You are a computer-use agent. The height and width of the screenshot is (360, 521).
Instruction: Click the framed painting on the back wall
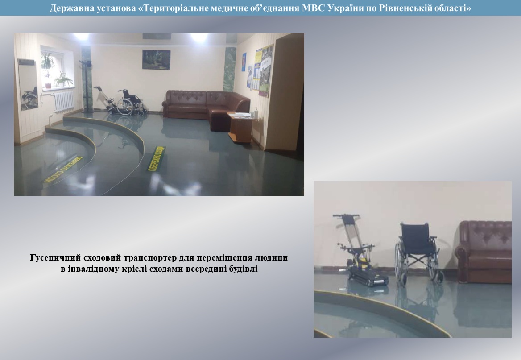point(156,59)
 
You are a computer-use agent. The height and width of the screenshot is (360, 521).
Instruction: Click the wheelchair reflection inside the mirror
point(30,97)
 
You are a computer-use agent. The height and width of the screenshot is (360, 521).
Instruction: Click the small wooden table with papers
point(241,127)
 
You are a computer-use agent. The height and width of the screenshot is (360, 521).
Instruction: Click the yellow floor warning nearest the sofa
point(156,158)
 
